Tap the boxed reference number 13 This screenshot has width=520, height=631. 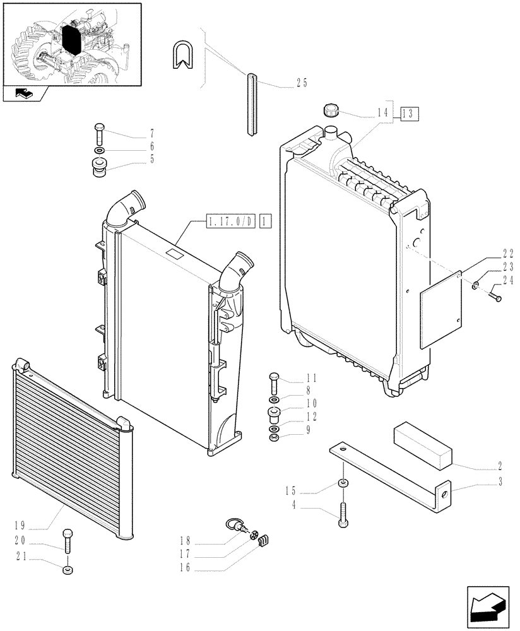point(408,114)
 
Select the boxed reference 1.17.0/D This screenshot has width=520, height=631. point(230,221)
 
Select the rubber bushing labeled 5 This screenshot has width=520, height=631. point(99,168)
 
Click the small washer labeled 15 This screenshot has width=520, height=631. point(343,483)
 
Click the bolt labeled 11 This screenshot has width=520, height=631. point(273,383)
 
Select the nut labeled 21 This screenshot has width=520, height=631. point(68,570)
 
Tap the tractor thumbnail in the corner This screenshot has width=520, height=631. point(71,44)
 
